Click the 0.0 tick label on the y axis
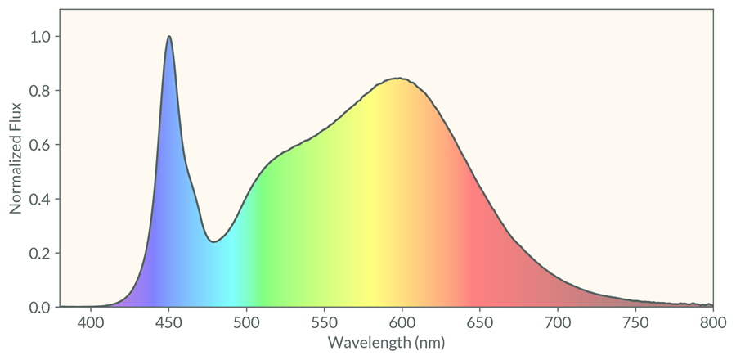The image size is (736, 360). (40, 308)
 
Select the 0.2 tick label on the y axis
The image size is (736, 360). (40, 254)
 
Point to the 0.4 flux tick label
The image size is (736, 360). (40, 199)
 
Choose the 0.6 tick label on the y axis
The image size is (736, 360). (40, 145)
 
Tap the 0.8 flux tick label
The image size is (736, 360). (40, 91)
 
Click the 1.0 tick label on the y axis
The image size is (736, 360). (40, 37)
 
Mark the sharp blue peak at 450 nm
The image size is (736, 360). (168, 37)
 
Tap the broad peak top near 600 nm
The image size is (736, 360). (398, 79)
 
